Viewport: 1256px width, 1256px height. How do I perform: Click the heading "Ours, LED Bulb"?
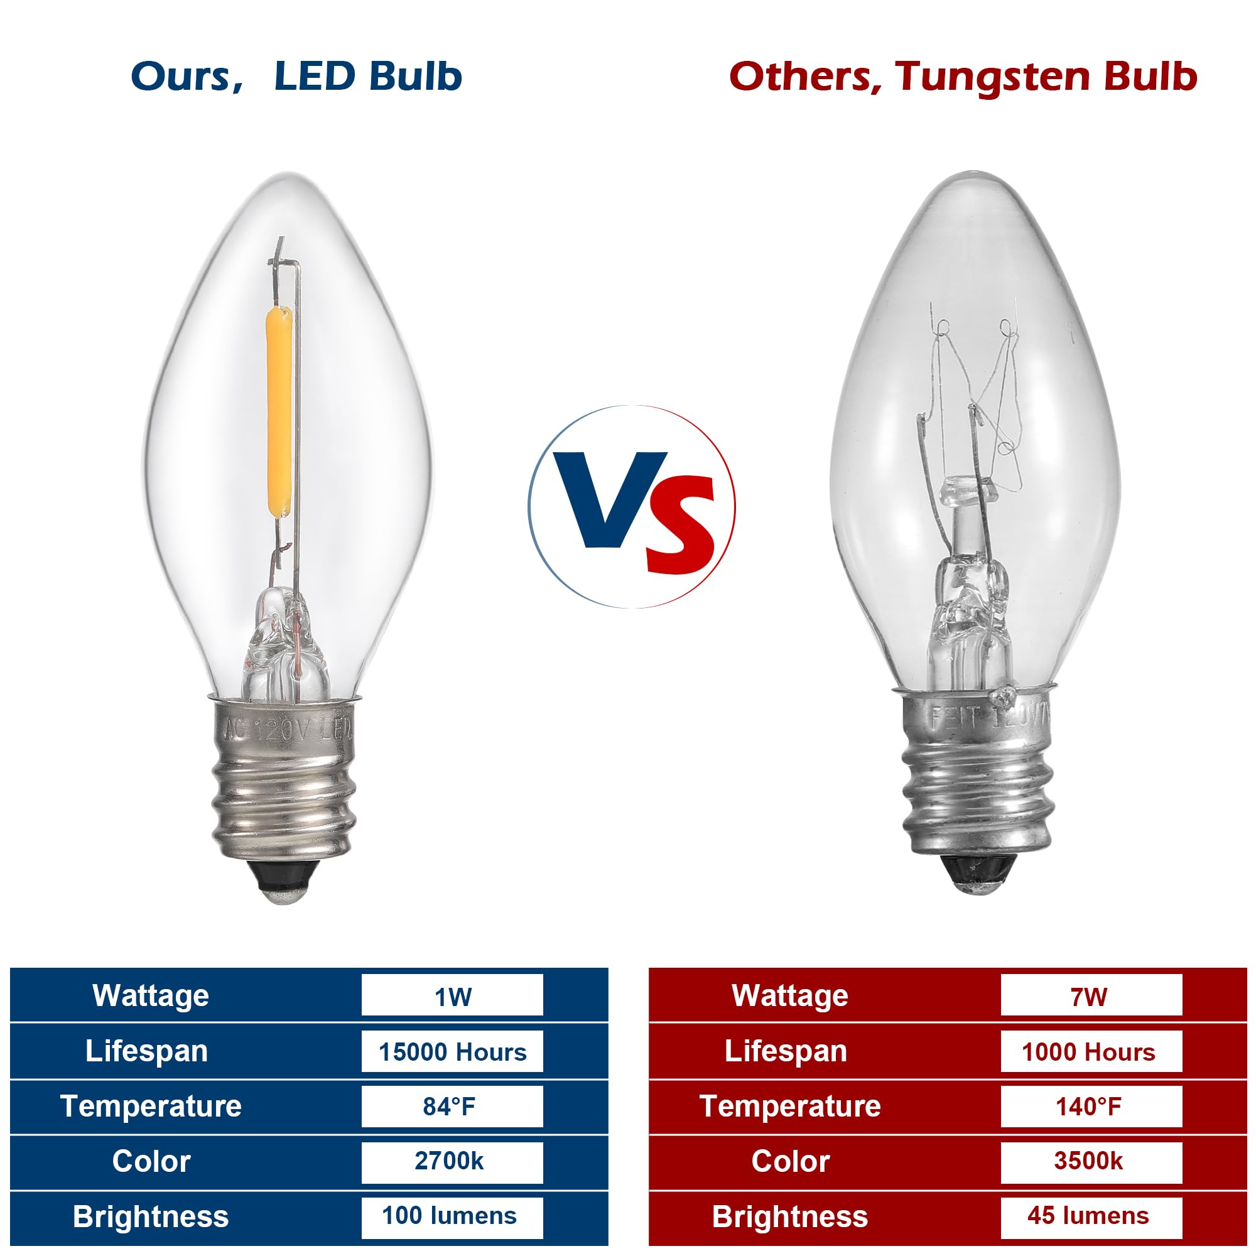pyautogui.click(x=296, y=77)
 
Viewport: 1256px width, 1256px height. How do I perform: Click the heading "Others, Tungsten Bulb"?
pyautogui.click(x=963, y=77)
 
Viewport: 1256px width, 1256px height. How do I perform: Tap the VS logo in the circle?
pyautogui.click(x=632, y=506)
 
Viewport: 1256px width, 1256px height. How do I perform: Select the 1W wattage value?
pyautogui.click(x=452, y=996)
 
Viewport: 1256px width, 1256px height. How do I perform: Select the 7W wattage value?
pyautogui.click(x=1091, y=996)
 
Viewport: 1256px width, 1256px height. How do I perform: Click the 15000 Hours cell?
pyautogui.click(x=452, y=1051)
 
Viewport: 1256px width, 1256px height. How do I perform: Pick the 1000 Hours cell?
pyautogui.click(x=1091, y=1051)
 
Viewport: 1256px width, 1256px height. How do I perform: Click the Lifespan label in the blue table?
pyautogui.click(x=147, y=1051)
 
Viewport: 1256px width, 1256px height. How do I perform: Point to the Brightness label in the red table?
pyautogui.click(x=790, y=1216)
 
